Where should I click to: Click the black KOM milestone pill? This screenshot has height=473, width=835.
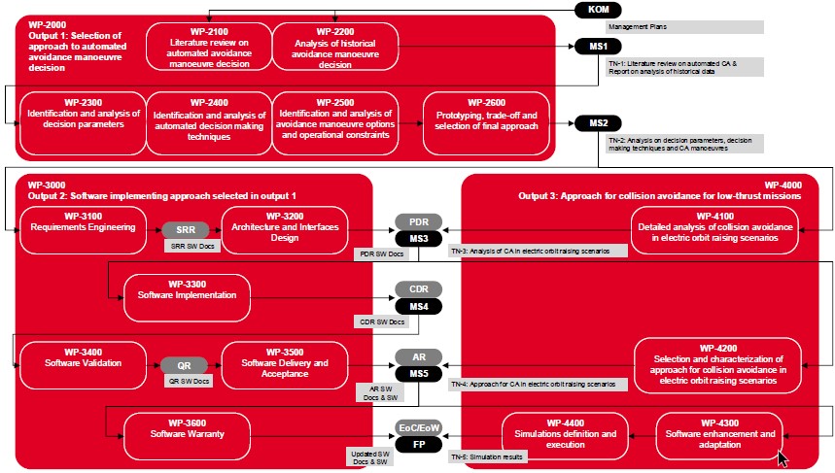[x=598, y=10]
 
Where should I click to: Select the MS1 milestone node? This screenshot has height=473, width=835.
[x=598, y=47]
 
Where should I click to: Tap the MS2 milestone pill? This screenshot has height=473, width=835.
[x=598, y=123]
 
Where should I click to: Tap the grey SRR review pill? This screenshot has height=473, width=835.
[x=186, y=230]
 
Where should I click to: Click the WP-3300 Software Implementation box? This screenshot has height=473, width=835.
[x=188, y=297]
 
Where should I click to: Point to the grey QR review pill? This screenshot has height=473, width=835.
[x=186, y=365]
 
